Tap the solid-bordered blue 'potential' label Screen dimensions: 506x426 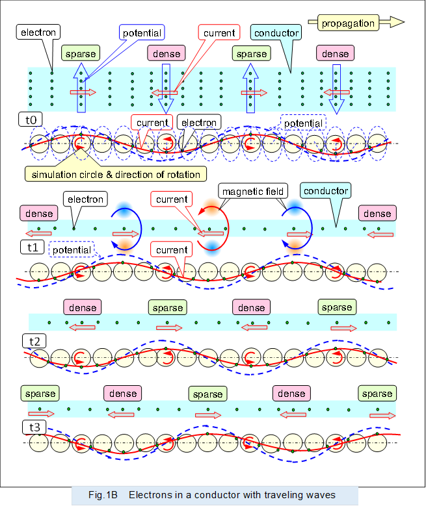(142, 32)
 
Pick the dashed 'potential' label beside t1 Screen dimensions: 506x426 (72, 249)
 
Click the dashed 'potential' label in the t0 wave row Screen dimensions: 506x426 (302, 123)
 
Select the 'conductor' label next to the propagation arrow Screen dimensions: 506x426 (276, 33)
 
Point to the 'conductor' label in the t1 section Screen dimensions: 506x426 (325, 191)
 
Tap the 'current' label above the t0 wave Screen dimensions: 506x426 (153, 122)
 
